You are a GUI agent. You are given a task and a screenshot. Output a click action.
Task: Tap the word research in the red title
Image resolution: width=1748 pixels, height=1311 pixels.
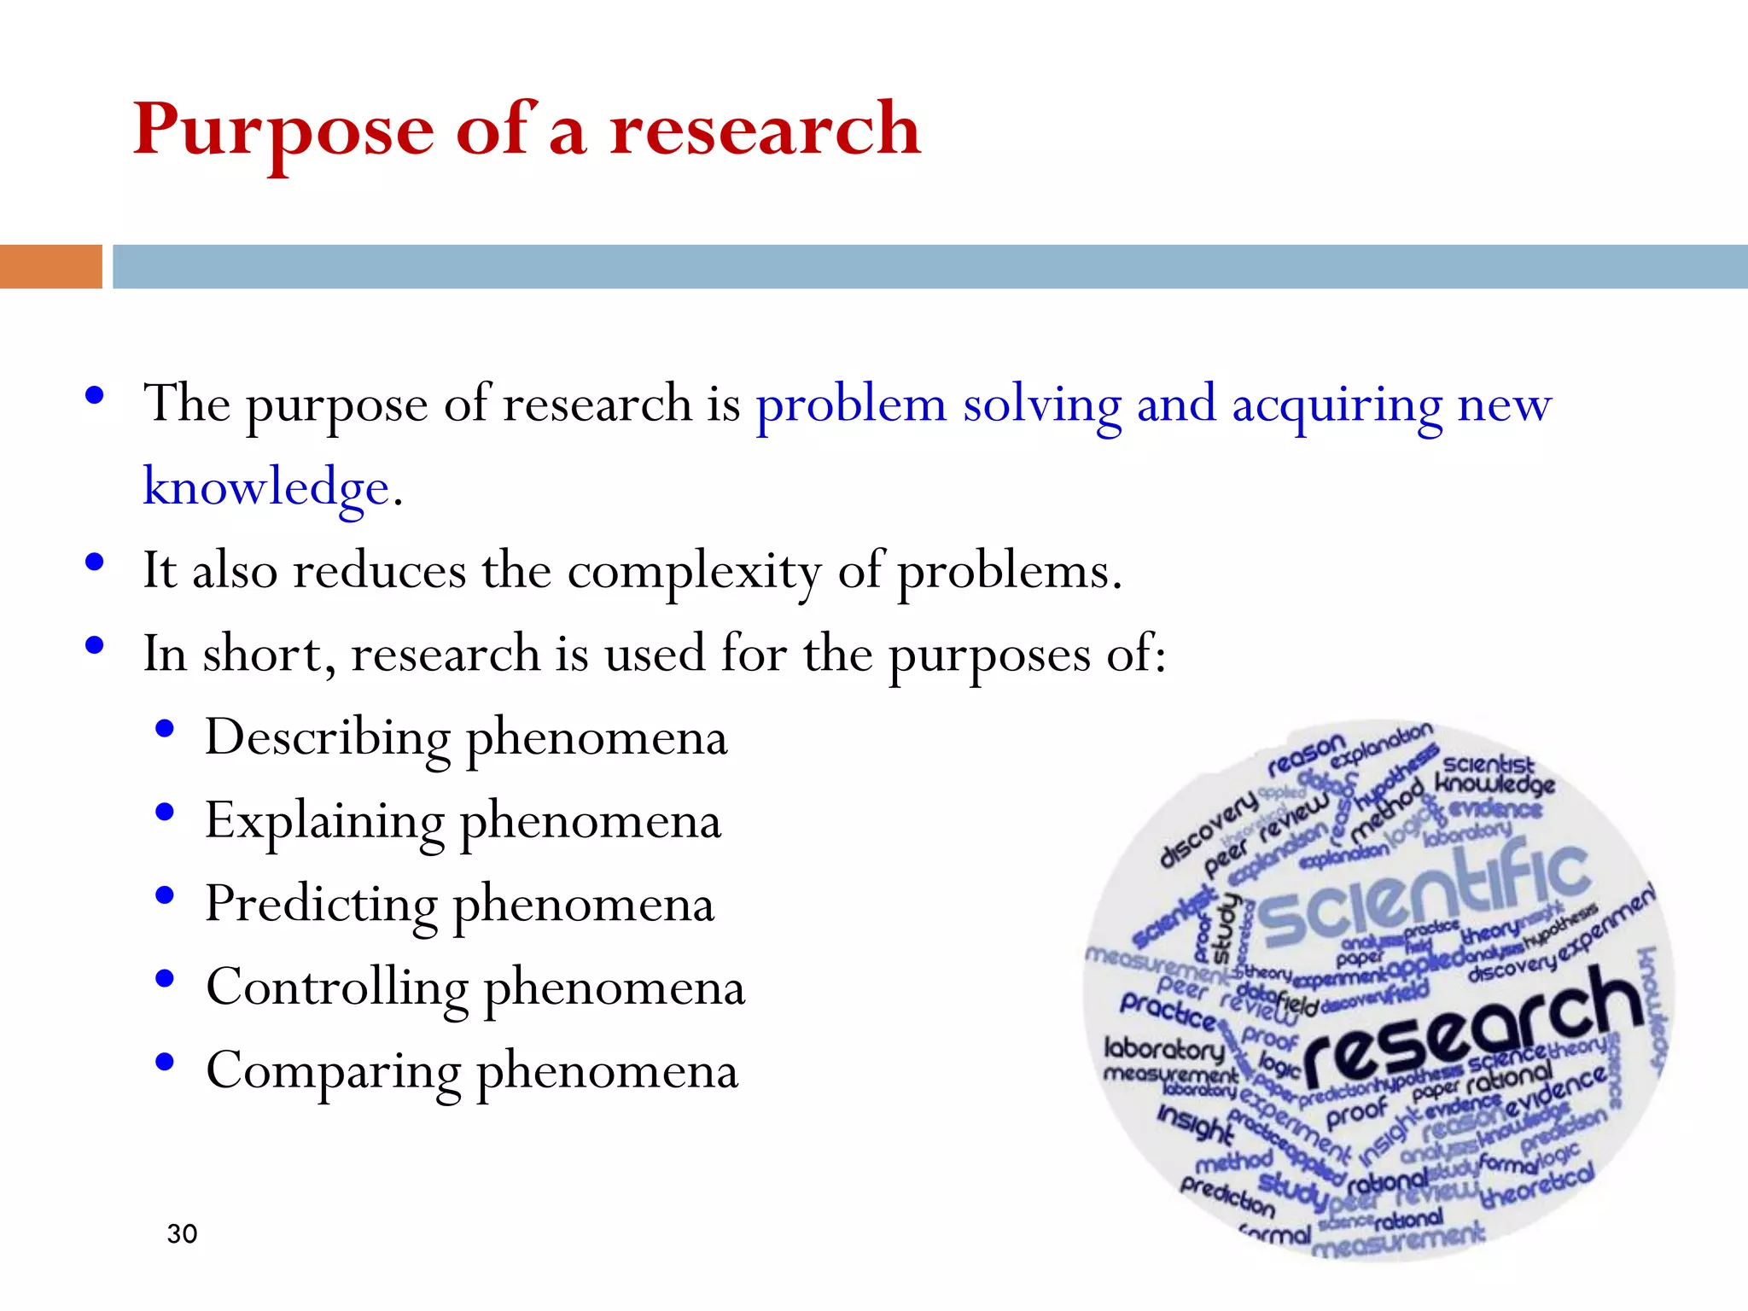tap(765, 130)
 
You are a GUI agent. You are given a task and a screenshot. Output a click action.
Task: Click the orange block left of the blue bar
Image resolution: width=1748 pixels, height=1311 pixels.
tap(50, 266)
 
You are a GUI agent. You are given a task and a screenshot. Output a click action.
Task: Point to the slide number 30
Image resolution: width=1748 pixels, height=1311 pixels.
tap(182, 1234)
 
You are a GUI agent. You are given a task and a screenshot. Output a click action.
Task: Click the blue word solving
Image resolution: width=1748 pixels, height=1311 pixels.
tap(1041, 405)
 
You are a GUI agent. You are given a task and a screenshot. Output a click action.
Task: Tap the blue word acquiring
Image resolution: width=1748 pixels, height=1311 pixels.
tap(1337, 406)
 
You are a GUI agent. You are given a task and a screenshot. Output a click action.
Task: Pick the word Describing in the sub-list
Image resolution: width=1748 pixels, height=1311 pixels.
tap(328, 737)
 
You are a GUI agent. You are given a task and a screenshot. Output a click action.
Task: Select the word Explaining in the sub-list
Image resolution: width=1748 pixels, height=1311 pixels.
tap(325, 822)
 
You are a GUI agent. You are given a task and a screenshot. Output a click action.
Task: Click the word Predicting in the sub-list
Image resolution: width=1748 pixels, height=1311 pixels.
tap(321, 905)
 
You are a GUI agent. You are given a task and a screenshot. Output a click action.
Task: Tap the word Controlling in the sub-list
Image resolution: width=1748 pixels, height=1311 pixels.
tap(337, 988)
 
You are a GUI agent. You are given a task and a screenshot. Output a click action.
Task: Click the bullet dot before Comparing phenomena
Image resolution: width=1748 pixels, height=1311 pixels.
tap(165, 1063)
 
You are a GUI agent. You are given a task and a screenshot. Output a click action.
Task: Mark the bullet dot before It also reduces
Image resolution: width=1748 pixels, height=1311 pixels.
tap(95, 562)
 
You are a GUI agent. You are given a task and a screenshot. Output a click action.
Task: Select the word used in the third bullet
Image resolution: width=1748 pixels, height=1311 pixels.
tap(655, 654)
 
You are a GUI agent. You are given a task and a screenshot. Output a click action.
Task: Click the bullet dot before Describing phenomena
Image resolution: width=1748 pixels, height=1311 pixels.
tap(165, 729)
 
